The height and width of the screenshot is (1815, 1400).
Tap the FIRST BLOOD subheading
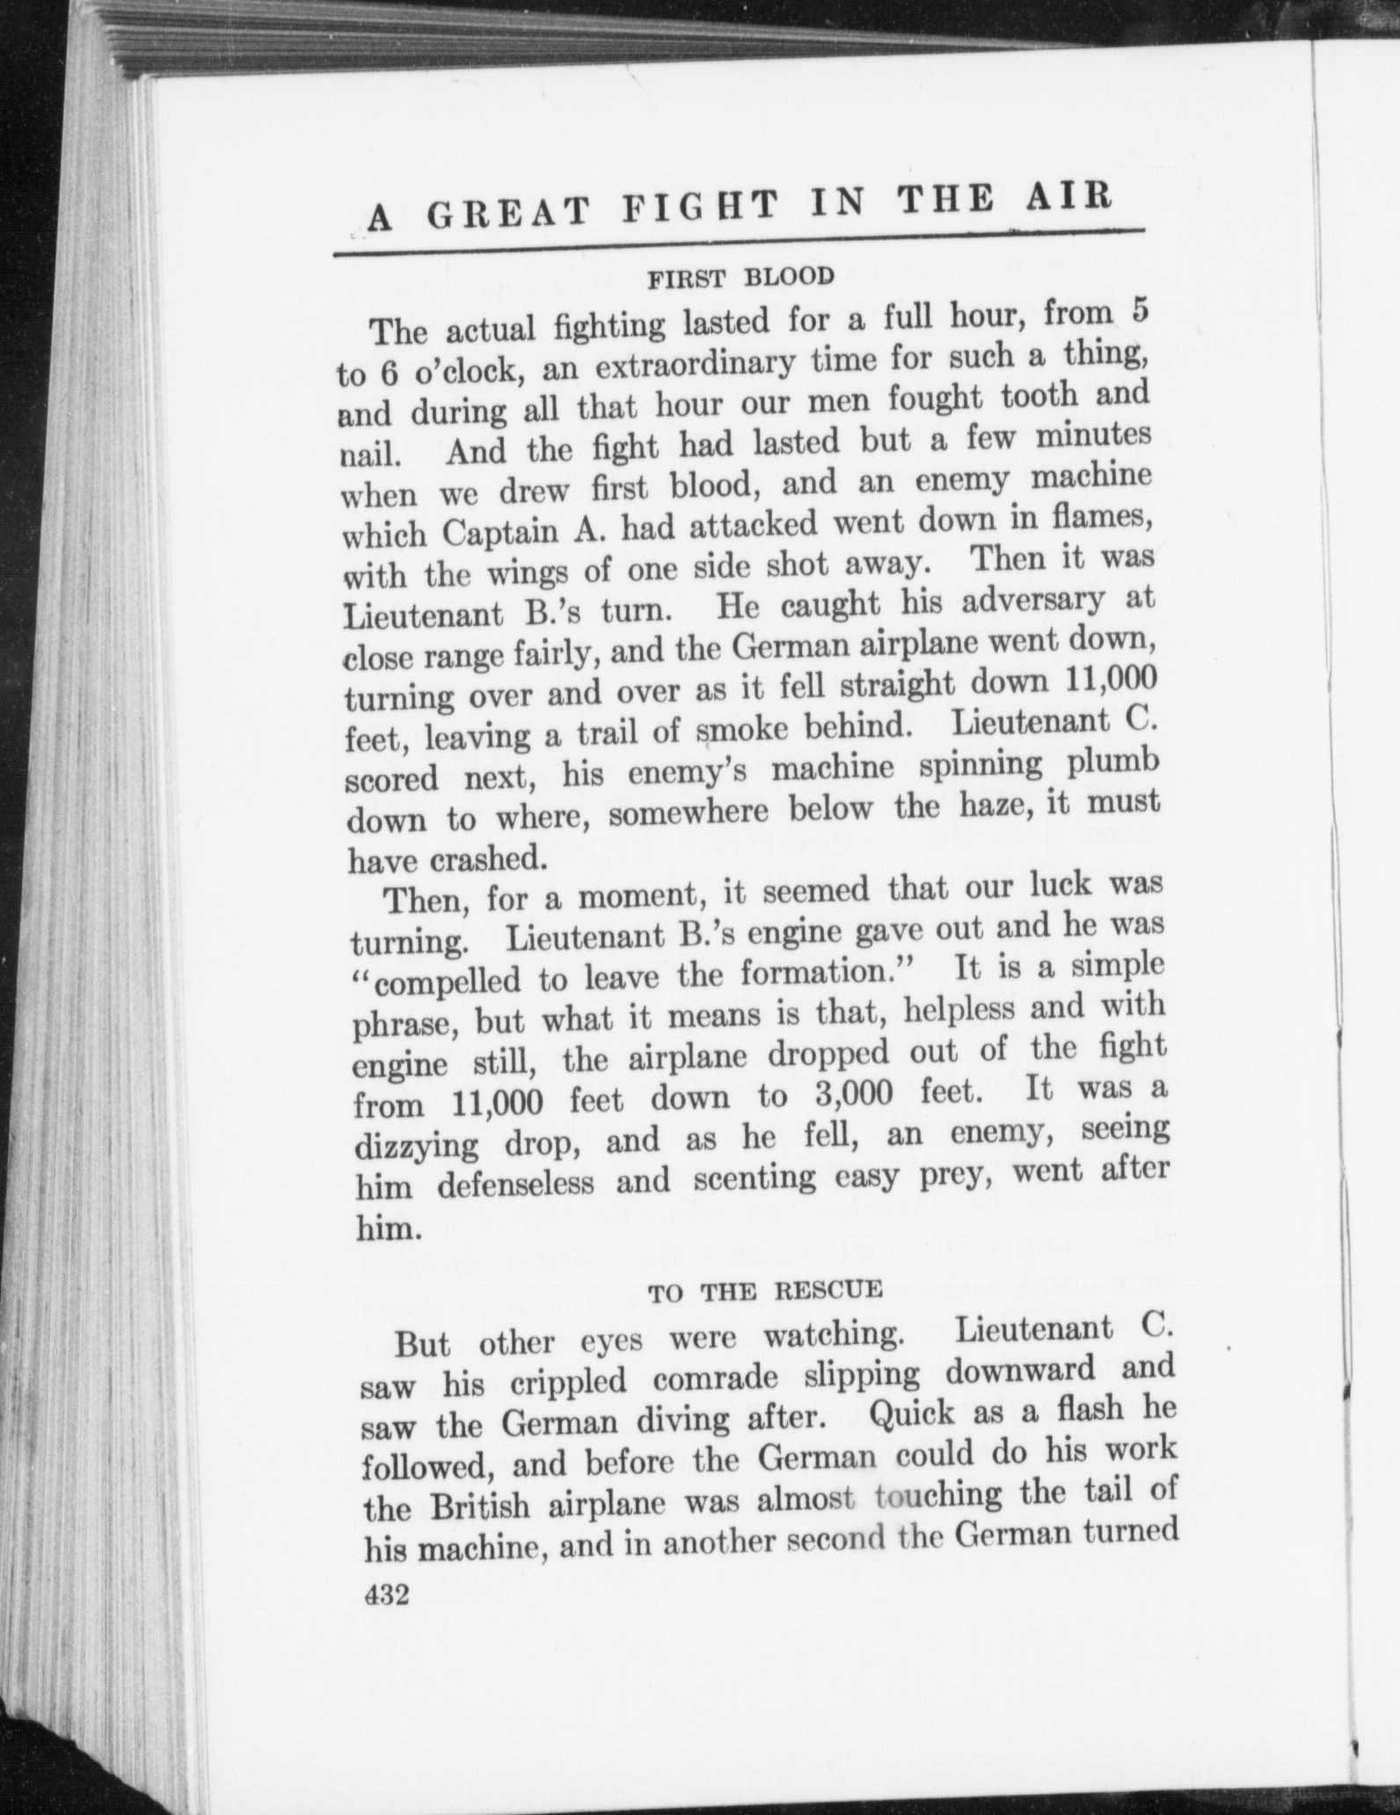pyautogui.click(x=740, y=278)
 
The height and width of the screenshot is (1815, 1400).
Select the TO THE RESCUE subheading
pyautogui.click(x=764, y=1291)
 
